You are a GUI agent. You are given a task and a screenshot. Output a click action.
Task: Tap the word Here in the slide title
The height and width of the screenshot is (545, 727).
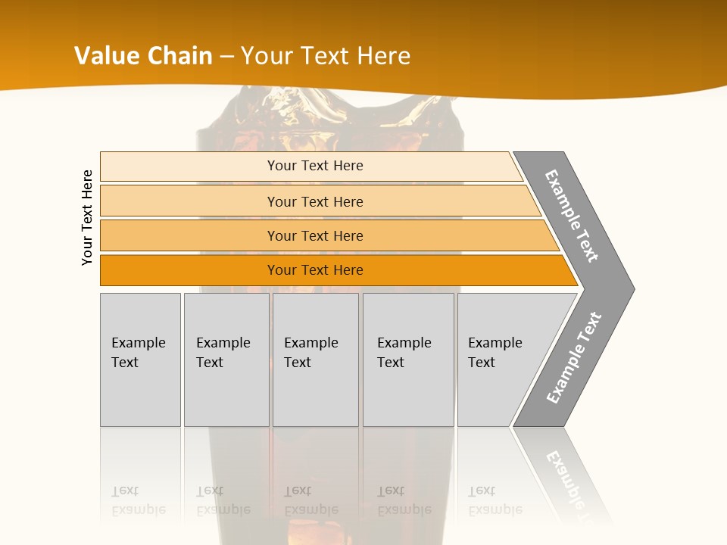pyautogui.click(x=383, y=56)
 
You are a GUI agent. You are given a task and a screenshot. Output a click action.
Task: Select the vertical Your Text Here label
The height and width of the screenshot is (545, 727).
pyautogui.click(x=87, y=218)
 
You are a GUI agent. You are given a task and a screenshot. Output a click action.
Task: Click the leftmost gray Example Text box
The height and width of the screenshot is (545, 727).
pyautogui.click(x=140, y=359)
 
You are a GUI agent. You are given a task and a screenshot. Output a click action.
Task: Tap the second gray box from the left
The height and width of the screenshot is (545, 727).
pyautogui.click(x=226, y=359)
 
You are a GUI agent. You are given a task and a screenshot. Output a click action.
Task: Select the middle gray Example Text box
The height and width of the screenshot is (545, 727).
pyautogui.click(x=315, y=359)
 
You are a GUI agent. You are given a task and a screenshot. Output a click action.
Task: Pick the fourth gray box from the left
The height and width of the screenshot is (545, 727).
pyautogui.click(x=408, y=359)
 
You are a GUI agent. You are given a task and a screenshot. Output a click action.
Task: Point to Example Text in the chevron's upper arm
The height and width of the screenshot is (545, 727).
pyautogui.click(x=572, y=216)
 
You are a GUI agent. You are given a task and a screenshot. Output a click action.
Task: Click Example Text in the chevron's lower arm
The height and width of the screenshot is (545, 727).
pyautogui.click(x=574, y=357)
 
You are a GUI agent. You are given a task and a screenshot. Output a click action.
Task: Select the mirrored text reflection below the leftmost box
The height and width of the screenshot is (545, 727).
pyautogui.click(x=139, y=501)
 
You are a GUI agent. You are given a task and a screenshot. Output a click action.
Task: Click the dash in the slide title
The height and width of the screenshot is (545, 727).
pyautogui.click(x=226, y=57)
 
